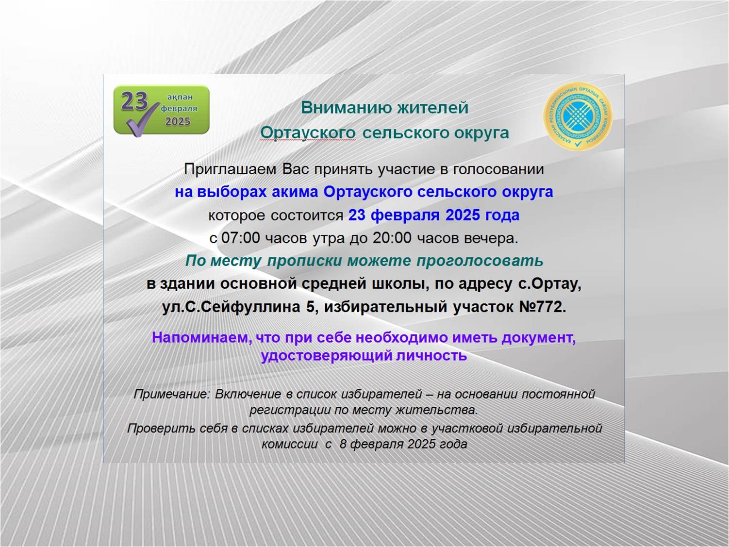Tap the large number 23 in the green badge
click(x=134, y=101)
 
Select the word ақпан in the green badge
click(x=180, y=97)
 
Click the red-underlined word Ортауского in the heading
click(x=308, y=133)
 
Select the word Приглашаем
click(x=230, y=170)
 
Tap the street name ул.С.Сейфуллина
click(x=232, y=308)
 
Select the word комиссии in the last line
click(x=290, y=445)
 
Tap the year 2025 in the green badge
click(x=178, y=121)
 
